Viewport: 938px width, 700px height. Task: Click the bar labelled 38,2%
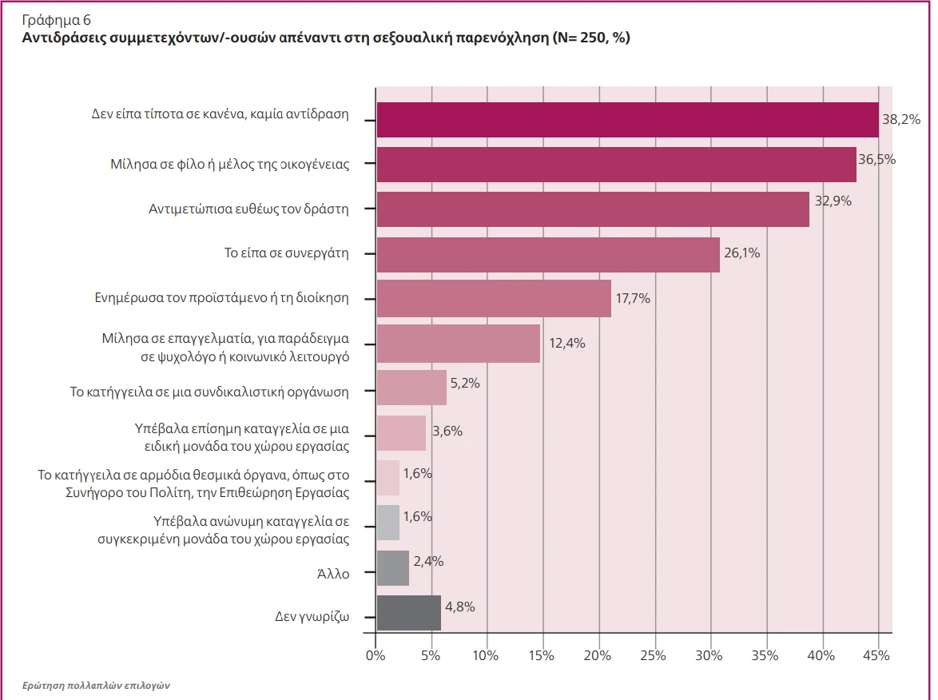click(x=627, y=120)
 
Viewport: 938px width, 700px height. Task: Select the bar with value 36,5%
click(x=616, y=165)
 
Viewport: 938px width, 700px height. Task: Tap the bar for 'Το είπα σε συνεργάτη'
click(x=547, y=255)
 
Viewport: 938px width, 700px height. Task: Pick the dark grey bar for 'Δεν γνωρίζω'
click(x=408, y=613)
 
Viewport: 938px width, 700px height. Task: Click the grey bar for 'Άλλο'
click(x=392, y=568)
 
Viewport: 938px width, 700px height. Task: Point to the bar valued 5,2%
click(x=411, y=388)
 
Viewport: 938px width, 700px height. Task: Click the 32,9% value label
click(x=833, y=201)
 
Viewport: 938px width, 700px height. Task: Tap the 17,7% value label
click(x=633, y=299)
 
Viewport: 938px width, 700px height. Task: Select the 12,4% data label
click(x=567, y=344)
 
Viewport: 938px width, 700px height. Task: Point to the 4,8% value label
click(x=459, y=607)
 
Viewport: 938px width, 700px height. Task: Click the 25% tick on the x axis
click(x=654, y=656)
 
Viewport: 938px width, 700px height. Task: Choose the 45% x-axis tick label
click(x=876, y=656)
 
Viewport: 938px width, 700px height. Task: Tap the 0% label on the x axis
click(x=375, y=656)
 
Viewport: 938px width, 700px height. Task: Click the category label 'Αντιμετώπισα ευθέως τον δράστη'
click(x=249, y=209)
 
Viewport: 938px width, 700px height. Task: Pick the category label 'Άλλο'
click(x=334, y=572)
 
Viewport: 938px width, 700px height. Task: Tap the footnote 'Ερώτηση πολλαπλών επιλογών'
click(x=97, y=686)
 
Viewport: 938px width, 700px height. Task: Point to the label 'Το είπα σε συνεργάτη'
click(x=286, y=254)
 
